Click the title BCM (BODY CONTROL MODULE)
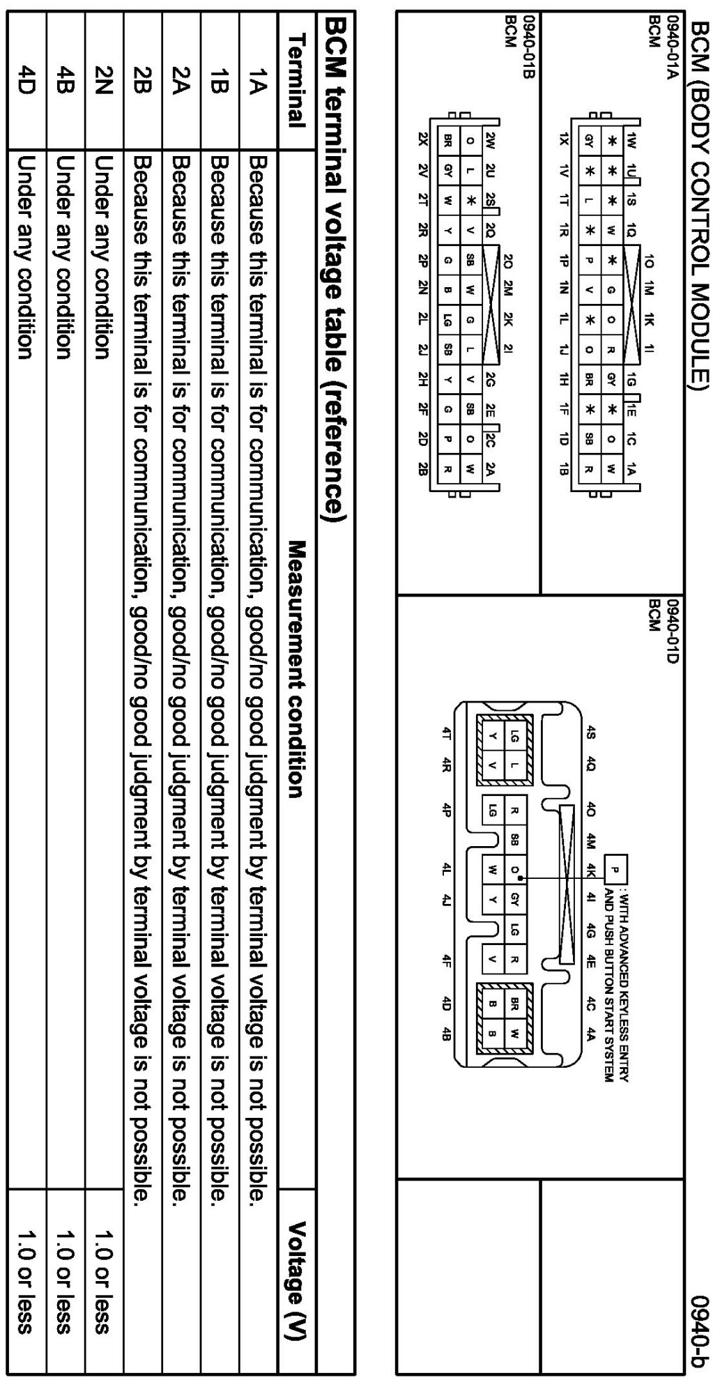[x=700, y=202]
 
